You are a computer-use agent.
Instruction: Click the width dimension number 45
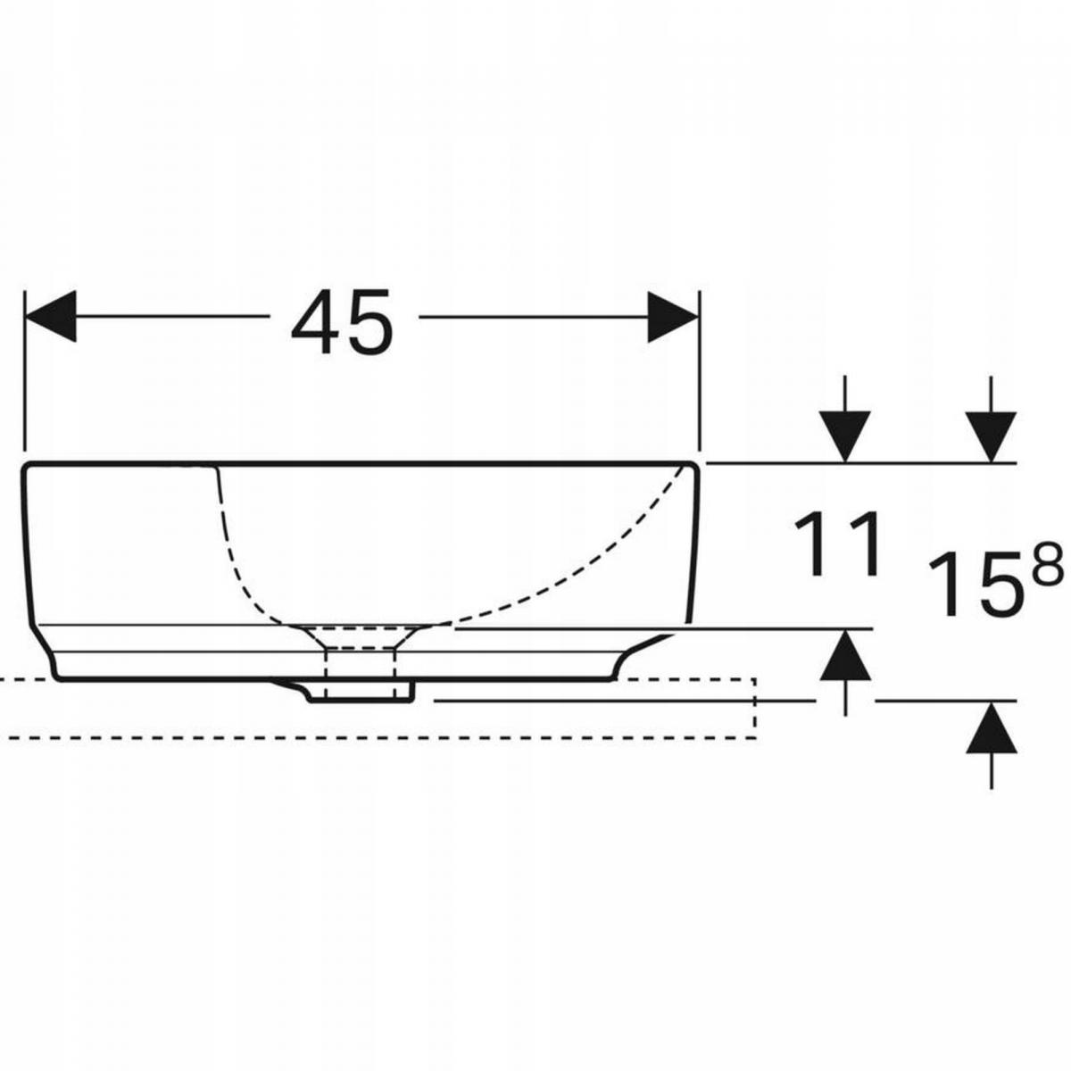(x=341, y=322)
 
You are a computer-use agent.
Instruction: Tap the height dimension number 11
(x=837, y=544)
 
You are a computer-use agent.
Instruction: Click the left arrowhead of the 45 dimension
(x=50, y=316)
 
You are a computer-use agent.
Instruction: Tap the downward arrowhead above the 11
(x=845, y=436)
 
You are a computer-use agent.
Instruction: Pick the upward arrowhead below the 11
(x=845, y=655)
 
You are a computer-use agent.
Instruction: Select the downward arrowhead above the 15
(x=991, y=436)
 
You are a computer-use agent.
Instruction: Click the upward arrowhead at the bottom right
(x=991, y=727)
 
